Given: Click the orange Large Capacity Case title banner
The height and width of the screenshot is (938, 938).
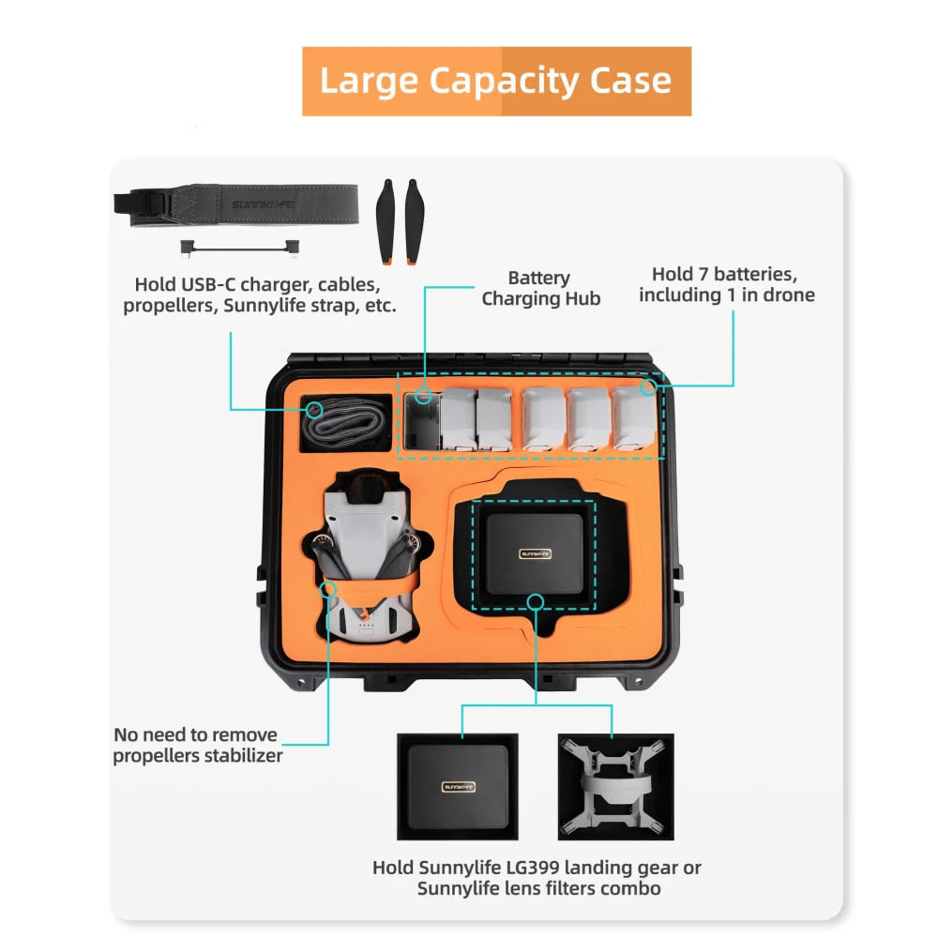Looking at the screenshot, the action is tap(496, 82).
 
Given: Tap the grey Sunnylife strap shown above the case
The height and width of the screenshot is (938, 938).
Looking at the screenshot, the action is tap(244, 204).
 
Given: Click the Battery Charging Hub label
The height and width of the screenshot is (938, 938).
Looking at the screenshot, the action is tap(539, 288).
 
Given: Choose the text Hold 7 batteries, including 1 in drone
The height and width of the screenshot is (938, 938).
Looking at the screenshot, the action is tap(726, 285).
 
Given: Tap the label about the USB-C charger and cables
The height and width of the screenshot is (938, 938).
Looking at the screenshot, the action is tap(259, 295).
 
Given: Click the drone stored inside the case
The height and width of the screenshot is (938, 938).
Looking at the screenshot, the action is tap(367, 558).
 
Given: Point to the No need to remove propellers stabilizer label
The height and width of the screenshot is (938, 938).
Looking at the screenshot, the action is tap(197, 745).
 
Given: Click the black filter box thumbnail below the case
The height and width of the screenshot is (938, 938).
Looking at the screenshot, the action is tap(458, 786).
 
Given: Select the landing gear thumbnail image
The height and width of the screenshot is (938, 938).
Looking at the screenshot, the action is tap(615, 786).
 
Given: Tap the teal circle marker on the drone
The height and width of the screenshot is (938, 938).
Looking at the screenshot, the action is tap(328, 589).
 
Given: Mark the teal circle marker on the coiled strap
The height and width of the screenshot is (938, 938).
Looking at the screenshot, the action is tap(315, 409).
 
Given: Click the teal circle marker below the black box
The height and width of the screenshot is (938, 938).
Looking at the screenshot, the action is tap(535, 601).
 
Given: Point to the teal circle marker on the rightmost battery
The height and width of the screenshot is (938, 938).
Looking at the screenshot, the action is tap(647, 386).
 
